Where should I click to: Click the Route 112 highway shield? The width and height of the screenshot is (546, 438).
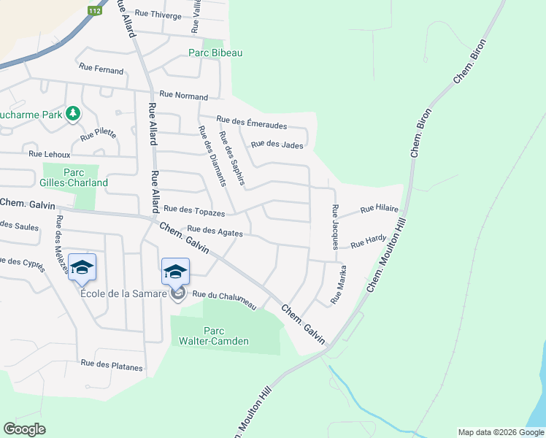[94, 11]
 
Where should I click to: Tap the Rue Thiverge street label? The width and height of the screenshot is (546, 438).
[155, 15]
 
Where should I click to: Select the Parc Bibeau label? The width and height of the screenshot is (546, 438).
[215, 53]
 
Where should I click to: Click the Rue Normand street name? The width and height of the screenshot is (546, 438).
[183, 95]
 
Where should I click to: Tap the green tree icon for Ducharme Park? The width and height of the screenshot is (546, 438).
[72, 114]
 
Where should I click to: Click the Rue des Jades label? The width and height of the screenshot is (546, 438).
[277, 145]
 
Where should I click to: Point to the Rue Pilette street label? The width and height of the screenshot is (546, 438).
[98, 133]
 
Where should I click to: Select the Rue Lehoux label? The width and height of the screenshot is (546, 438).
[50, 155]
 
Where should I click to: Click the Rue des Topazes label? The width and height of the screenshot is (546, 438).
[193, 211]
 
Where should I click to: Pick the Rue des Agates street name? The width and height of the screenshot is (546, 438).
[215, 231]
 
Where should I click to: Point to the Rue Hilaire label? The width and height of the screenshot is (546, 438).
[379, 210]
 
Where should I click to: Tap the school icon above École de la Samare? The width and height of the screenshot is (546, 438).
[175, 272]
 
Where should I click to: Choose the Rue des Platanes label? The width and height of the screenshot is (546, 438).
[112, 365]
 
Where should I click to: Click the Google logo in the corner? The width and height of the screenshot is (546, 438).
[24, 429]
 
